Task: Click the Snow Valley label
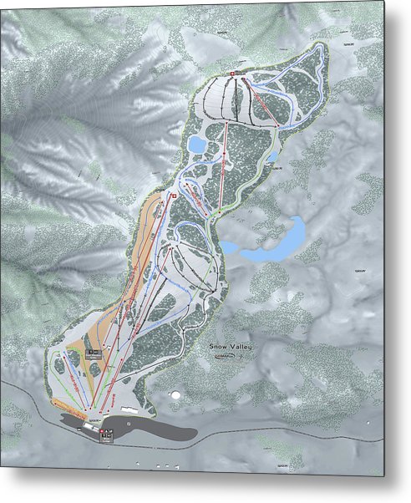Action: pyautogui.click(x=231, y=344)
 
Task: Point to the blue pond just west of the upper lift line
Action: pyautogui.click(x=197, y=145)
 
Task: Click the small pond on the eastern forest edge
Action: pyautogui.click(x=271, y=157)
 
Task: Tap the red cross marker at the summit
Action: pyautogui.click(x=233, y=74)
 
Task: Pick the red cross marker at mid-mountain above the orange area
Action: pyautogui.click(x=172, y=196)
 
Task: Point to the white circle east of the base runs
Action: pyautogui.click(x=176, y=391)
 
